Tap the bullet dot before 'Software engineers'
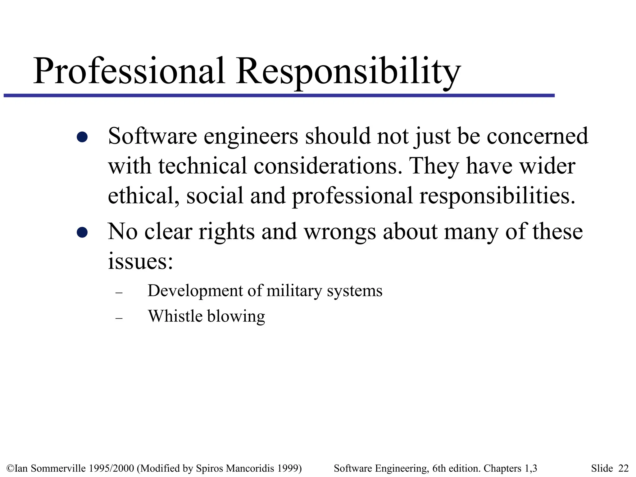(82, 137)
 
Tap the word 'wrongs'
(340, 232)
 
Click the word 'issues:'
(140, 261)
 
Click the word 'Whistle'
(175, 316)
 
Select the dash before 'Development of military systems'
(119, 293)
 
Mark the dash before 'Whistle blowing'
(119, 318)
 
